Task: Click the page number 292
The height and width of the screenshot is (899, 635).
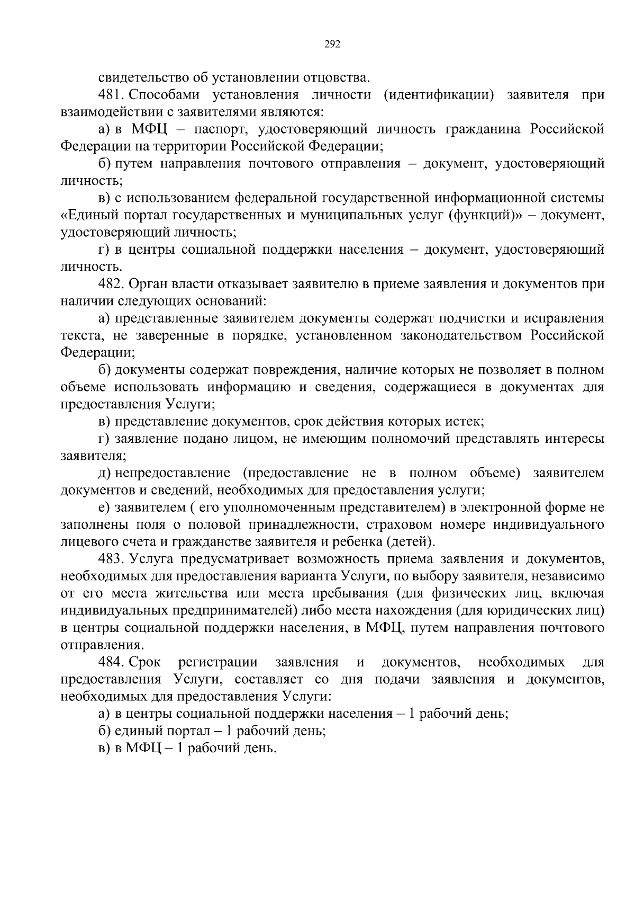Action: point(332,44)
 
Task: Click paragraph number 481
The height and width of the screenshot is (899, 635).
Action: point(111,95)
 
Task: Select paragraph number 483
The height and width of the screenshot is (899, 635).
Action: point(111,559)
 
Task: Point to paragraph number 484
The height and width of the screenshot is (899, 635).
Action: point(111,663)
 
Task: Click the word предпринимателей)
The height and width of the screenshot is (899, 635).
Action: point(235,611)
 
